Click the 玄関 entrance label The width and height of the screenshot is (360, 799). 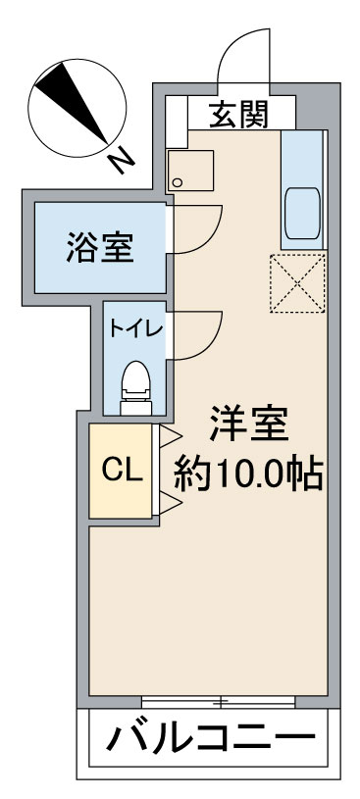pyautogui.click(x=237, y=117)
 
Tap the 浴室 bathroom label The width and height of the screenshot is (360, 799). pyautogui.click(x=100, y=247)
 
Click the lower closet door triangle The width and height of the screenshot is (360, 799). pyautogui.click(x=168, y=504)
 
